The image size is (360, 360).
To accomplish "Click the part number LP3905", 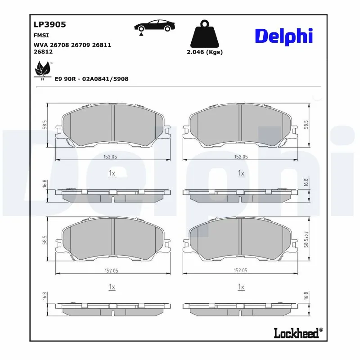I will (49, 25).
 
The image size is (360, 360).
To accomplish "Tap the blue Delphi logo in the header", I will (283, 36).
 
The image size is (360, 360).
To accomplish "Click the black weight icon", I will (205, 33).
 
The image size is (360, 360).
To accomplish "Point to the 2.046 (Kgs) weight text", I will (205, 52).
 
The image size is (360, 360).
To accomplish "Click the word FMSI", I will (41, 35).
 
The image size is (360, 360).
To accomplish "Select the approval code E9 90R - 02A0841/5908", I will (91, 79).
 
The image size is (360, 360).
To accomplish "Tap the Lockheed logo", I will (297, 333).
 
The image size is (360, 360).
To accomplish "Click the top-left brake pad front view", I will (112, 126).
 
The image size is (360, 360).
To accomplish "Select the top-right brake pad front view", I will (241, 126).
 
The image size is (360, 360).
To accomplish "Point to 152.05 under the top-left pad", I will (111, 157).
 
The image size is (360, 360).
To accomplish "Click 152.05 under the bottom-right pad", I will (241, 270).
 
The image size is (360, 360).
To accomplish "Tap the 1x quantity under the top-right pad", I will (241, 173).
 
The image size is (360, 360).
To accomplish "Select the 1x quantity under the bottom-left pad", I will (112, 287).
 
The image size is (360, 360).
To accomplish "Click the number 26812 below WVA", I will (43, 52).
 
